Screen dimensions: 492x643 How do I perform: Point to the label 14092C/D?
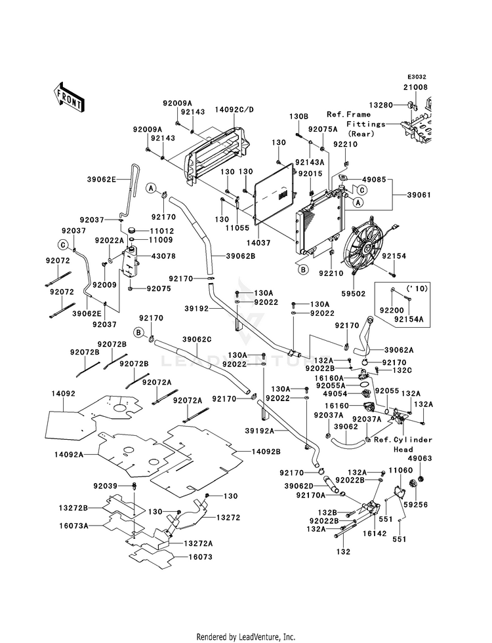234,109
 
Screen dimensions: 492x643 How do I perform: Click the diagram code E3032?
417,77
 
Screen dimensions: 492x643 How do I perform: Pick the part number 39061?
419,195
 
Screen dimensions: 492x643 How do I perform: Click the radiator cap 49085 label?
374,179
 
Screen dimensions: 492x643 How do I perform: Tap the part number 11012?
162,231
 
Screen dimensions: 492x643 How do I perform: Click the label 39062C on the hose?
197,340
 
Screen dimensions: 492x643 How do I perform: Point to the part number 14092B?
266,452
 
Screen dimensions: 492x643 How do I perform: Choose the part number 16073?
200,557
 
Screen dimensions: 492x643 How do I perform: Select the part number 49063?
420,458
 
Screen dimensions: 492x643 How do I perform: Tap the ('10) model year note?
417,288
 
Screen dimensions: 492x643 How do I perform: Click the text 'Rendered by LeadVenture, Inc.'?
246,637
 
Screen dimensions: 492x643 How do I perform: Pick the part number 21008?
415,87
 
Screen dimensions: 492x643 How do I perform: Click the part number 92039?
106,486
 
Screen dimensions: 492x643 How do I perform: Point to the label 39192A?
259,431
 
